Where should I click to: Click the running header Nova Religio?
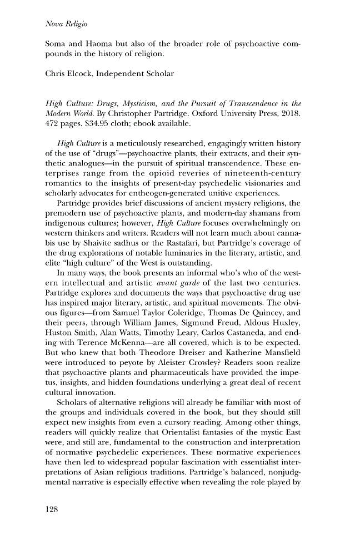pyautogui.click(x=64, y=24)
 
